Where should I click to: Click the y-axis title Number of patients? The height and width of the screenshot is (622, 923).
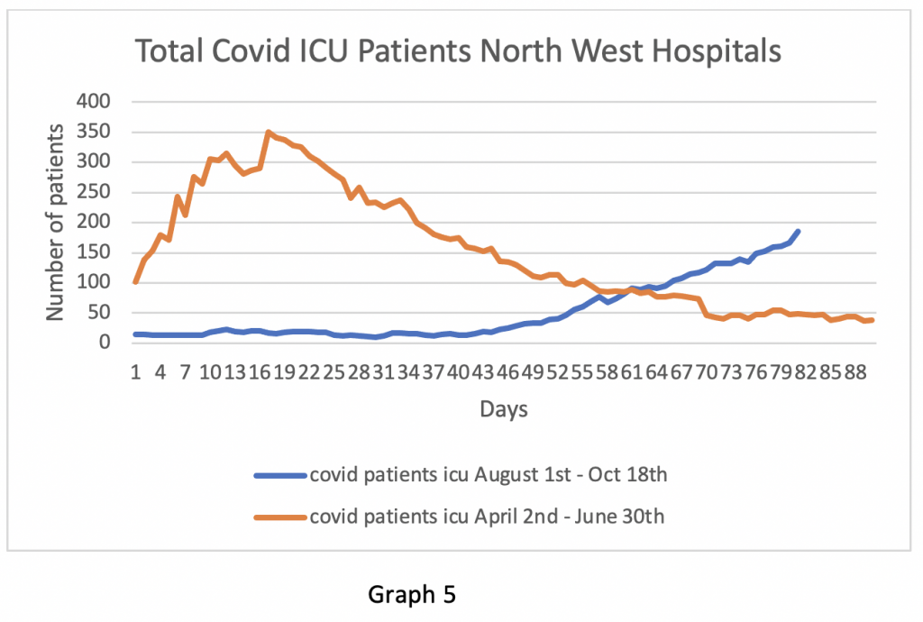[56, 222]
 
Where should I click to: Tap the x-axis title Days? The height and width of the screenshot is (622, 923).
[504, 409]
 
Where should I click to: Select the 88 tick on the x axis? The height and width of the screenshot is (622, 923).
[854, 371]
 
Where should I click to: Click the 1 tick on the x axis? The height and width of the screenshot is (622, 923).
[135, 371]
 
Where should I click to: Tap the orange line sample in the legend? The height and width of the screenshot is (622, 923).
[279, 517]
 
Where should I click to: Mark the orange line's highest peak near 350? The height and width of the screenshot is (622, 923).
[268, 133]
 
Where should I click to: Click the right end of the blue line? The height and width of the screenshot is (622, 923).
[798, 232]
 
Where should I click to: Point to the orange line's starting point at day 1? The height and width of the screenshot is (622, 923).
[135, 282]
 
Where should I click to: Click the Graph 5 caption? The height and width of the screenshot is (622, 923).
[412, 595]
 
